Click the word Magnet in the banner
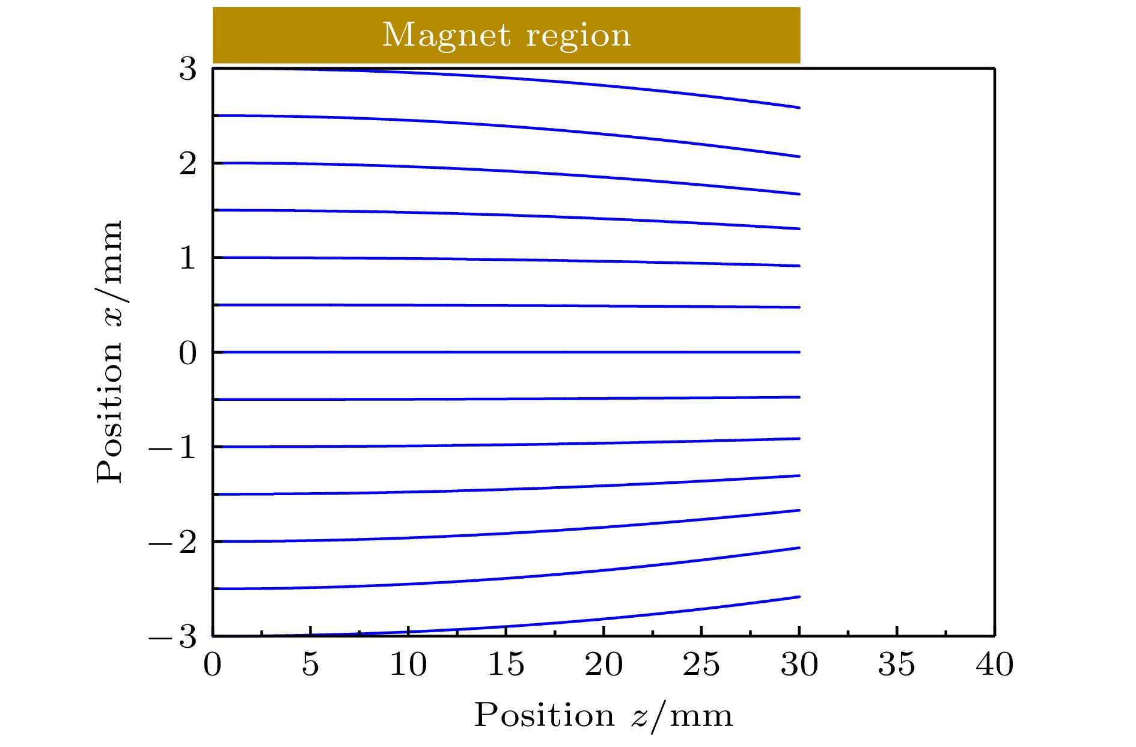point(447,35)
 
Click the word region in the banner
point(578,35)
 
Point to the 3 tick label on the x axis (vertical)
point(188,69)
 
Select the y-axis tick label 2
point(188,163)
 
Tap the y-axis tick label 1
point(188,258)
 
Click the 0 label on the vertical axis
point(188,353)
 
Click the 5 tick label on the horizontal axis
point(310,665)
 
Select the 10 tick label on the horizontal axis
point(408,665)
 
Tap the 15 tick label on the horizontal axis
point(506,665)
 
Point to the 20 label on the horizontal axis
point(603,665)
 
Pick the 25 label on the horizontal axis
point(701,665)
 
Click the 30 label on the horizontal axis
point(799,665)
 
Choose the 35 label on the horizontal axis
point(897,665)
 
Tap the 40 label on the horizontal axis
point(995,665)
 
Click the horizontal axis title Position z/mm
point(603,716)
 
